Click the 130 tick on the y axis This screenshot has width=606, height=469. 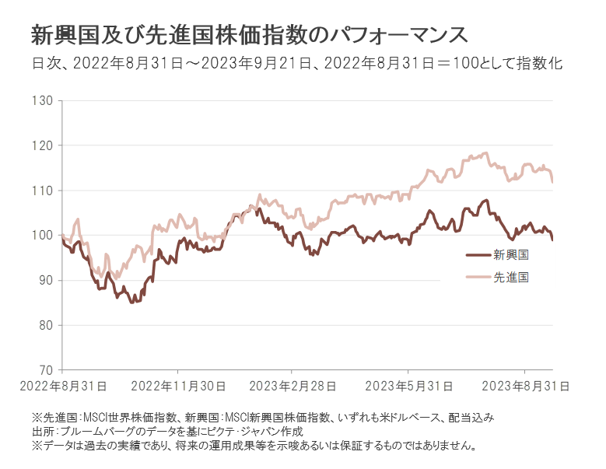coord(42,101)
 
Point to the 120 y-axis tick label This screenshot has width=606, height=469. coord(42,145)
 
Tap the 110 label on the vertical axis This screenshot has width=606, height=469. coord(42,191)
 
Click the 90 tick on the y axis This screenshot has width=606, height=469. coord(45,280)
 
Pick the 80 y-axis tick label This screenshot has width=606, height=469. coord(45,325)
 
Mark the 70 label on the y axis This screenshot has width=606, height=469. coord(45,370)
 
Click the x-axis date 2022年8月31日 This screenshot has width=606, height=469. coord(63,386)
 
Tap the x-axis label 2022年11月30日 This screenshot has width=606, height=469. coord(178,386)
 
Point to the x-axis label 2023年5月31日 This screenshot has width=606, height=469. coord(409,386)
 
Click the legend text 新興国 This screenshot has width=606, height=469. coord(511,254)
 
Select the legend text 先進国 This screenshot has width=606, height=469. coord(511,276)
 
